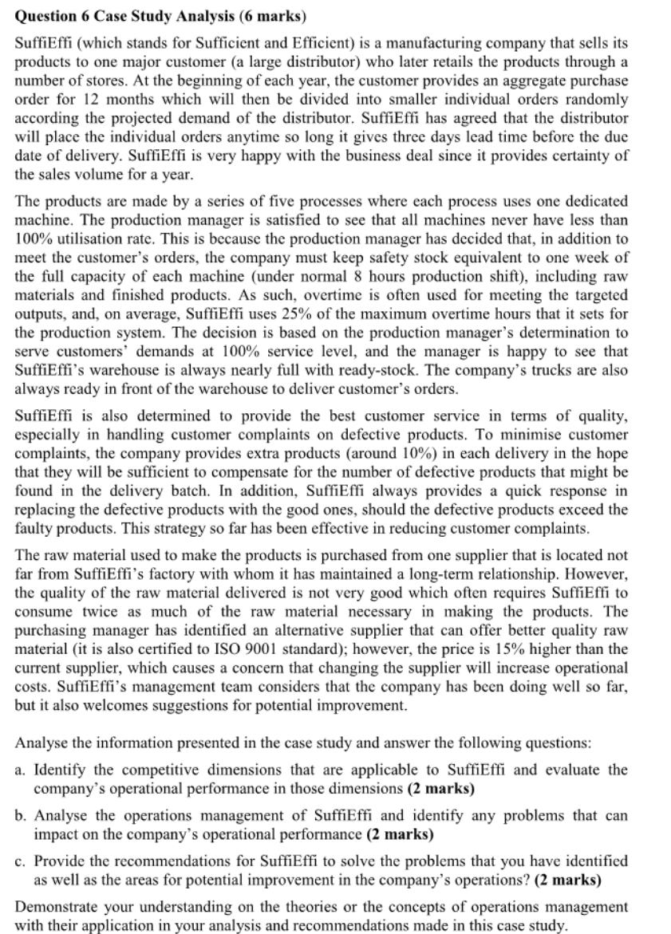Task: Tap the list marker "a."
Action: pos(22,770)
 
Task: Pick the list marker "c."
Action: pos(22,857)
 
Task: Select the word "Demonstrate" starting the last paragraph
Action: pos(53,903)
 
